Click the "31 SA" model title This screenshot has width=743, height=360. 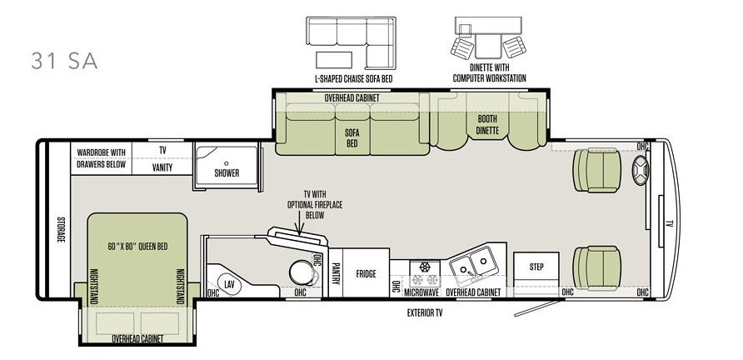[64, 61]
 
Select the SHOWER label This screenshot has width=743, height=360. [227, 173]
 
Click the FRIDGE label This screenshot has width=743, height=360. [366, 273]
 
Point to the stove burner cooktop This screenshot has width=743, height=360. [424, 272]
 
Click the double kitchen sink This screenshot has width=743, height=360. [472, 265]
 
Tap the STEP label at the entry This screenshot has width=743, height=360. [536, 267]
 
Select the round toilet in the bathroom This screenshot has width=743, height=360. [302, 273]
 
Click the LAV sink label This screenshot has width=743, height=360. [229, 285]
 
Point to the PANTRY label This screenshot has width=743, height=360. [337, 273]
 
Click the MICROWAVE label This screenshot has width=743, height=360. [421, 292]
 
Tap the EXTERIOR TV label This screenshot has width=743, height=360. [425, 313]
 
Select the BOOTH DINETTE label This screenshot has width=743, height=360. [487, 124]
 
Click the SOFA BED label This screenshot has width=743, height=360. [352, 138]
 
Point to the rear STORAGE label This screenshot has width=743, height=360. [61, 229]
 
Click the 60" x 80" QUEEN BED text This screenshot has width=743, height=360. [137, 247]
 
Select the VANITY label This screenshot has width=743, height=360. [162, 167]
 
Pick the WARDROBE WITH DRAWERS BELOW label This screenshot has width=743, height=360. [102, 158]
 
